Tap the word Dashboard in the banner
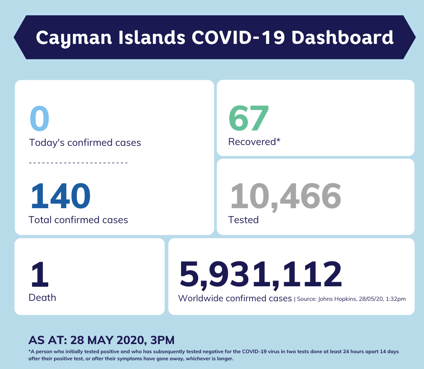[x=342, y=38]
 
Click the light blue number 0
[x=39, y=119]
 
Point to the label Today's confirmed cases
[x=85, y=143]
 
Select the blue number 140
[x=61, y=196]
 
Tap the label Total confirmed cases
[x=78, y=220]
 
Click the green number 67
[x=249, y=118]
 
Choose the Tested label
[x=243, y=220]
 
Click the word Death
[x=42, y=298]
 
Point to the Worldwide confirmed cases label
[x=235, y=298]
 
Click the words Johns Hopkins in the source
[x=337, y=299]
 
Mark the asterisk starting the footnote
[x=30, y=351]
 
